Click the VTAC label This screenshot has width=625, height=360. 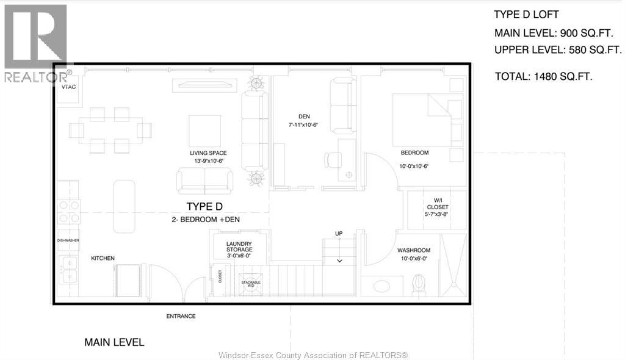coord(68,87)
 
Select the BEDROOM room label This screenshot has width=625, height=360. coord(414,153)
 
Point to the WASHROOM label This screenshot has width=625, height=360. coord(414,250)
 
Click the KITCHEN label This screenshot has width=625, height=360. coord(103,258)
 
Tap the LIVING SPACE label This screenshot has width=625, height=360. coord(208,153)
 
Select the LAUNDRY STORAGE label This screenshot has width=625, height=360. coord(239,247)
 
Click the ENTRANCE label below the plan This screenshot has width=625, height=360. coord(181,316)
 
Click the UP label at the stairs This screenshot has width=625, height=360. coord(339,234)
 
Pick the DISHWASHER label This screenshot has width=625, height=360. coord(68,240)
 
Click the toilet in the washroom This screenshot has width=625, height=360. coord(419,283)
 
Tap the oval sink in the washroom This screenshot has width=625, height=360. coord(382,286)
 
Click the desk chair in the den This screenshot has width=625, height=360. coord(333,159)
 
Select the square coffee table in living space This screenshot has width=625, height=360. coord(204,131)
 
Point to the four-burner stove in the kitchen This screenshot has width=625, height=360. coord(68,211)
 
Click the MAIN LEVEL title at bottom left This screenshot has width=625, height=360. coord(114,342)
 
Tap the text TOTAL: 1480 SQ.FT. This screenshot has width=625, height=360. coord(543,76)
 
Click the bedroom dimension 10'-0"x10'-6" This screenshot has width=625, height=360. coord(414,166)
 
